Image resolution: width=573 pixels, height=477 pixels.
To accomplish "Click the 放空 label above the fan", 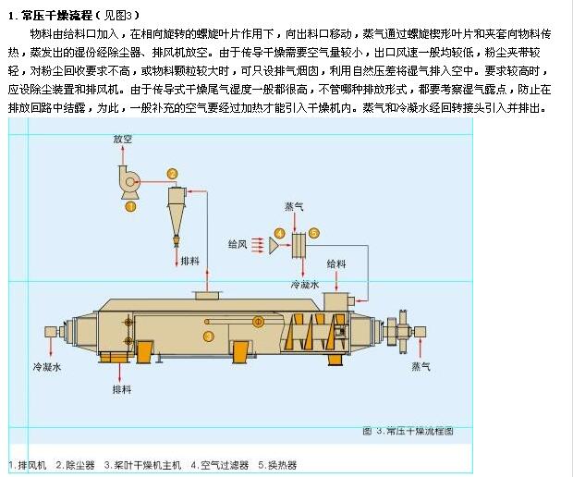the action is click(x=123, y=139).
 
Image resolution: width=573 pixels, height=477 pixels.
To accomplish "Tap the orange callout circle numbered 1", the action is click(x=130, y=206).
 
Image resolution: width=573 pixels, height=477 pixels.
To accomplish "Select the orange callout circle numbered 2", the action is click(x=172, y=174).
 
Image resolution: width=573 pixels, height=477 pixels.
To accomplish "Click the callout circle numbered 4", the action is click(x=279, y=234).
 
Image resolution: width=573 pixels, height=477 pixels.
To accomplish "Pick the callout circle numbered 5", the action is click(x=314, y=233).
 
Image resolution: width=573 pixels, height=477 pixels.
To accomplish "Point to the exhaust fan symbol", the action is click(x=129, y=182).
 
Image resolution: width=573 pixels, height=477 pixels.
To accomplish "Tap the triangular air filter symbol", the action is click(x=274, y=245).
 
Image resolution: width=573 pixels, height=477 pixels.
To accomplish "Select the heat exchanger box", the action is click(x=299, y=245).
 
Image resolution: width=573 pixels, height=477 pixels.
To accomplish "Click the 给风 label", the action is click(x=238, y=244).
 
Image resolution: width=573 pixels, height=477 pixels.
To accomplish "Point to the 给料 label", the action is click(x=336, y=263).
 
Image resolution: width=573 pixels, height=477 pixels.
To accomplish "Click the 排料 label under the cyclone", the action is click(x=190, y=261).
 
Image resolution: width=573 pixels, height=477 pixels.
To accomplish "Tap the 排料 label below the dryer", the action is click(x=122, y=389).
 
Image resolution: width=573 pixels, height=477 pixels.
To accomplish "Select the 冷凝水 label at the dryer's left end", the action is click(x=47, y=367).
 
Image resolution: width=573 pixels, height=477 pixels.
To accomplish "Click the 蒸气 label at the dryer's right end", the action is click(x=421, y=366).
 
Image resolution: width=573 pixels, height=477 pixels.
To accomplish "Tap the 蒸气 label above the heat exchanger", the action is click(x=294, y=207).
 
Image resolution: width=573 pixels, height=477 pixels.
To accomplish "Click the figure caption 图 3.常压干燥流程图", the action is click(x=408, y=431).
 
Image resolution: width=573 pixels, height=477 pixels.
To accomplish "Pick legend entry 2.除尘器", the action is click(x=75, y=465).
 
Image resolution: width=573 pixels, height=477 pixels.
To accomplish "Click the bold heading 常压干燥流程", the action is click(x=57, y=16).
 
